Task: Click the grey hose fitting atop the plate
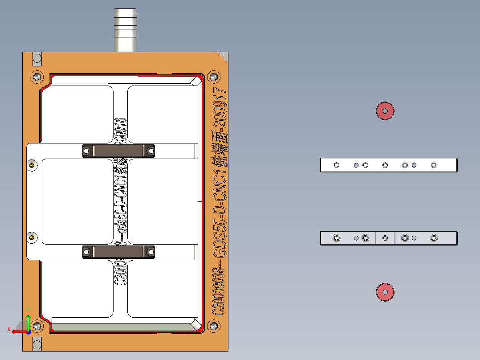[x=125, y=30]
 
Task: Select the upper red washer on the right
[x=385, y=110]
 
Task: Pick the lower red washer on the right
[x=385, y=292]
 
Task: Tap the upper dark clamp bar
[x=118, y=151]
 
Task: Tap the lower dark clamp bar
[x=118, y=252]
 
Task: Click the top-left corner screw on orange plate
[x=37, y=77]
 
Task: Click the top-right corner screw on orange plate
[x=214, y=77]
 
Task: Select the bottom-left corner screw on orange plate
[x=37, y=326]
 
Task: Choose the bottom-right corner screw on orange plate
[x=214, y=326]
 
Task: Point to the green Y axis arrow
[x=28, y=320]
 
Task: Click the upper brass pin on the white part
[x=32, y=166]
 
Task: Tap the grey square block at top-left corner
[x=37, y=58]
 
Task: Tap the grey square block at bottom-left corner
[x=37, y=344]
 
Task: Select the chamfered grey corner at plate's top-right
[x=224, y=56]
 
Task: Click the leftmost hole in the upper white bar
[x=337, y=165]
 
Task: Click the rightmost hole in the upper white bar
[x=434, y=165]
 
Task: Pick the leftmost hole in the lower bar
[x=337, y=238]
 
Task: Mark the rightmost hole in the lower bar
[x=434, y=238]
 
